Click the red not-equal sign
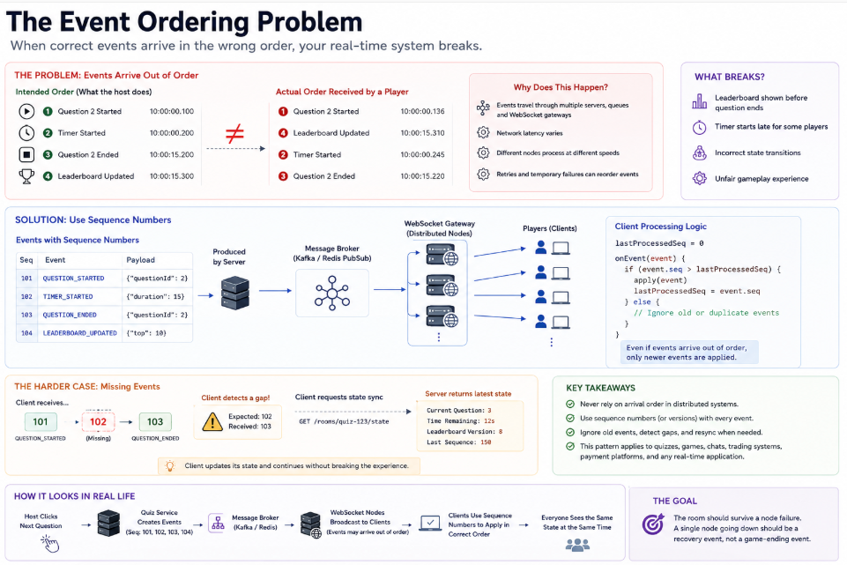(x=234, y=133)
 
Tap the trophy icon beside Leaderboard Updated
(x=26, y=176)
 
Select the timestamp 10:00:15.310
(x=422, y=133)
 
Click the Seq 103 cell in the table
(x=26, y=315)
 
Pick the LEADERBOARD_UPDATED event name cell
(x=80, y=333)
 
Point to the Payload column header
(x=140, y=260)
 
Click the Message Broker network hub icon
(x=332, y=294)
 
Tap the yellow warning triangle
(x=212, y=422)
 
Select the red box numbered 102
(x=98, y=422)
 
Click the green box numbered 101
(x=41, y=422)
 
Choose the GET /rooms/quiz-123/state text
(x=344, y=422)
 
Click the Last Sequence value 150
(x=487, y=442)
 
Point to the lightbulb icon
(x=170, y=465)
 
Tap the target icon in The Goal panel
(x=653, y=524)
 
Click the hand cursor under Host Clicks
(x=49, y=544)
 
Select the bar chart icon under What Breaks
(x=700, y=101)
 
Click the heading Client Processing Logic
(x=661, y=227)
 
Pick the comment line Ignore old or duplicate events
(x=707, y=313)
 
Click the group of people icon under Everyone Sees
(x=577, y=546)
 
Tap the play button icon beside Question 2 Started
(x=26, y=111)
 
